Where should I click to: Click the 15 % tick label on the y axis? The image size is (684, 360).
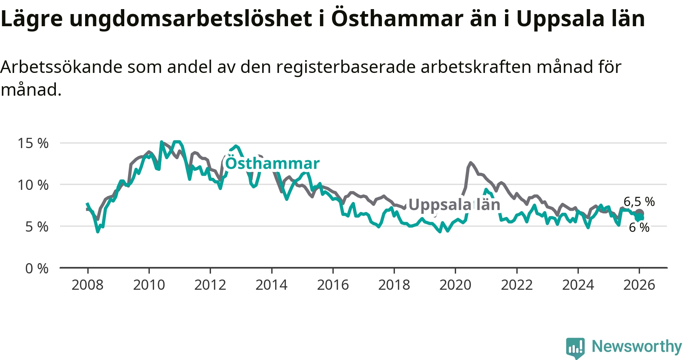click(x=33, y=143)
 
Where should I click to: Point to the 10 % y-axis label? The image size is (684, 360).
click(x=33, y=185)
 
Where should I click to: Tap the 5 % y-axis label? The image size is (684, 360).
click(x=37, y=227)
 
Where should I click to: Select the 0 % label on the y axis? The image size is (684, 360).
click(x=37, y=268)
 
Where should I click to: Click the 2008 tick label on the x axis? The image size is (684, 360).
click(x=87, y=285)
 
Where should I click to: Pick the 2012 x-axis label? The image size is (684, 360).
click(x=210, y=285)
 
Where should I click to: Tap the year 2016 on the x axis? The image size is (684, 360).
click(x=333, y=285)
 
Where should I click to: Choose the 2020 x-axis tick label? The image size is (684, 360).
click(x=455, y=285)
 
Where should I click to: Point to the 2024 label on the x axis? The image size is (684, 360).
click(x=578, y=285)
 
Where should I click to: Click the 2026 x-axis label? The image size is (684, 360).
click(x=639, y=285)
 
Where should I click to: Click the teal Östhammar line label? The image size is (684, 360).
click(x=272, y=163)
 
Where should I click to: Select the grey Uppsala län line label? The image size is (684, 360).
click(x=454, y=205)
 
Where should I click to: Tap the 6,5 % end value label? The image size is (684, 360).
click(x=639, y=202)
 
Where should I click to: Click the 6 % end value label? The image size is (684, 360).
click(x=639, y=227)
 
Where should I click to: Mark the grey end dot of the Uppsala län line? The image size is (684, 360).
click(x=640, y=213)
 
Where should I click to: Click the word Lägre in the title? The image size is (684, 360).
click(x=32, y=19)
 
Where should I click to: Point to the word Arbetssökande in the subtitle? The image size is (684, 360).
click(x=62, y=67)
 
